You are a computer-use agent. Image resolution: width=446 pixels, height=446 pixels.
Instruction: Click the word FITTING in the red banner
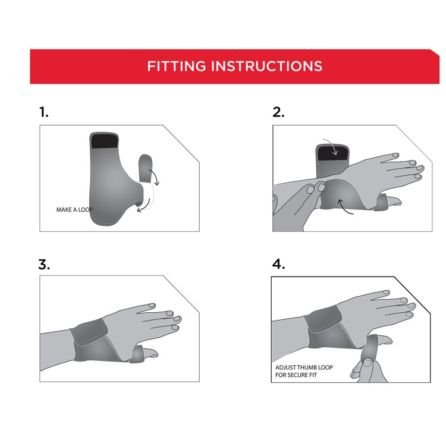177,66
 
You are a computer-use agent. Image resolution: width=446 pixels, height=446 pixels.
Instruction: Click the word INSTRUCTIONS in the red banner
267,66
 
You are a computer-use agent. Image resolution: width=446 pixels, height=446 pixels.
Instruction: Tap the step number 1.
43,112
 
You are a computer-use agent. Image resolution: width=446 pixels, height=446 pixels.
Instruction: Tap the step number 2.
278,112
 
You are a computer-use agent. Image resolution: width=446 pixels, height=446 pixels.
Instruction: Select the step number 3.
44,264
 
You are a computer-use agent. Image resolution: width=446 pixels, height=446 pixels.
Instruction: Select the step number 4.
278,264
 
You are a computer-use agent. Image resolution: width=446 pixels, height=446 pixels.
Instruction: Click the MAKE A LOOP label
74,210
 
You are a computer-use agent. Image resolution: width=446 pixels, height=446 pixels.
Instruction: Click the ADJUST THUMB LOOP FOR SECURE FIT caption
304,371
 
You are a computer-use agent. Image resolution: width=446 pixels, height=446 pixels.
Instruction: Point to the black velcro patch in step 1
105,141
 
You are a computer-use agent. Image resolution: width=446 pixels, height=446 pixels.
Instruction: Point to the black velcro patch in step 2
333,153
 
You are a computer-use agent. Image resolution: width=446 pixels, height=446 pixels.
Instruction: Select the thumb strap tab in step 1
145,168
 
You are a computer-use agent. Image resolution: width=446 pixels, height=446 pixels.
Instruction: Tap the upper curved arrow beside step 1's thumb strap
155,177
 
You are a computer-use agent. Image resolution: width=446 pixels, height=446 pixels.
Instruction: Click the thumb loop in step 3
136,354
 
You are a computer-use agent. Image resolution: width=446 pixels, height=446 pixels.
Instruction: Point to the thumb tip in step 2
396,202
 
